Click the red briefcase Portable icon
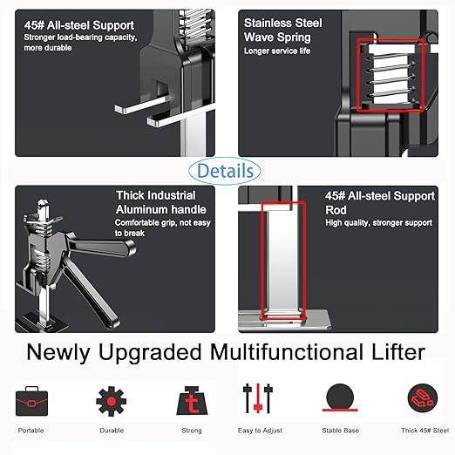pyautogui.click(x=31, y=400)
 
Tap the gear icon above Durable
pyautogui.click(x=111, y=400)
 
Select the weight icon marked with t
pyautogui.click(x=190, y=401)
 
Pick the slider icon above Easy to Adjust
pyautogui.click(x=258, y=399)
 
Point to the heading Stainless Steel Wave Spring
pyautogui.click(x=282, y=30)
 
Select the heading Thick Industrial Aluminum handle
pyautogui.click(x=161, y=203)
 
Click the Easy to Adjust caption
pyautogui.click(x=258, y=431)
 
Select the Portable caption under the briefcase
pyautogui.click(x=31, y=431)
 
